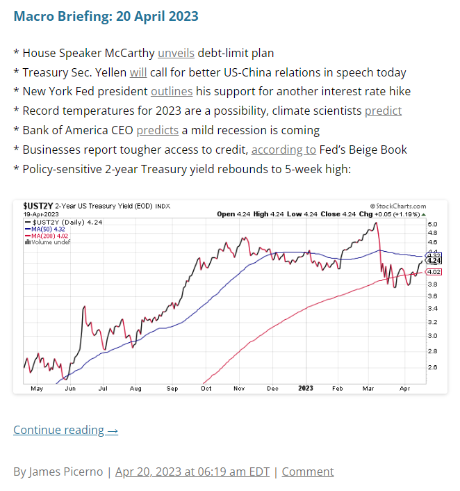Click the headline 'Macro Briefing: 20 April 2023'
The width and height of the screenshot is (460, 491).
coord(106,15)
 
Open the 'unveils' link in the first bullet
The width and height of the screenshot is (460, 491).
coord(176,53)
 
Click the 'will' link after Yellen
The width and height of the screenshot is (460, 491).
coord(138,72)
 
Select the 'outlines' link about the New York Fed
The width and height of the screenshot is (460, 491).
coord(172,92)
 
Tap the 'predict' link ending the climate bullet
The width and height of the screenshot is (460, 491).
coord(383,111)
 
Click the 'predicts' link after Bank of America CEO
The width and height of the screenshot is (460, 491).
coord(157,131)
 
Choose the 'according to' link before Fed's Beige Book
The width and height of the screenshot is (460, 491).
coord(284,150)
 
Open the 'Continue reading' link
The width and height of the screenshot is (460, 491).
coord(65,430)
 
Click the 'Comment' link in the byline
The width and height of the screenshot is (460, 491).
coord(308,472)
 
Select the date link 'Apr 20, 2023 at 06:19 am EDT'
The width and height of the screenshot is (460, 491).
coord(193,472)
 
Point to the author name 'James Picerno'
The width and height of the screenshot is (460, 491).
coord(67,472)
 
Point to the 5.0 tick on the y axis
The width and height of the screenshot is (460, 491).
coord(432,224)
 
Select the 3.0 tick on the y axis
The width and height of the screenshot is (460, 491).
coord(432,336)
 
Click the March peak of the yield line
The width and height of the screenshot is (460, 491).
coord(375,223)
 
